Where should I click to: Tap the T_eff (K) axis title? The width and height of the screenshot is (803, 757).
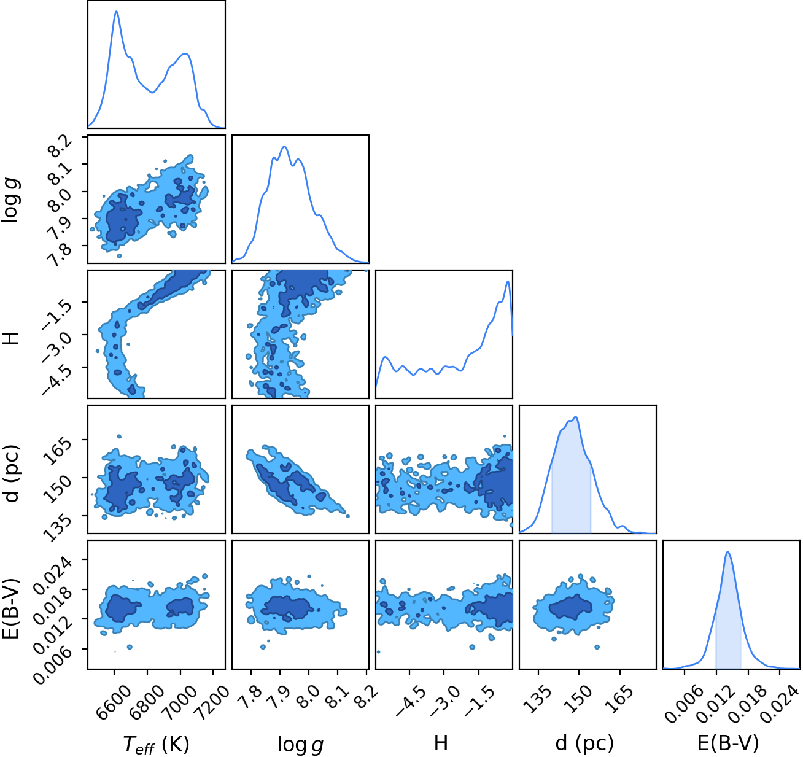point(156,743)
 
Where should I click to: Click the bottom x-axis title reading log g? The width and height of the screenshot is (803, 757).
point(300,744)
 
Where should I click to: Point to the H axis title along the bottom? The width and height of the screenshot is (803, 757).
point(441,743)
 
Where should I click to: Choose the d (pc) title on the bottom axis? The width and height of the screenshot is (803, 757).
point(584,743)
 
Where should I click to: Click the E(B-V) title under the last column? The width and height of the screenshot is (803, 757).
point(728,743)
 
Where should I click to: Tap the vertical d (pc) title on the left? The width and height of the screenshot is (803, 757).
point(13,473)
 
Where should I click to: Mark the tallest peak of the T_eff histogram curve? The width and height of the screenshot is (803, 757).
point(117,11)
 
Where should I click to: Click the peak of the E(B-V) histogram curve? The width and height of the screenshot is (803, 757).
point(727,552)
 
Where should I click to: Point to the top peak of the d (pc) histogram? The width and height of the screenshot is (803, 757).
point(576,417)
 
